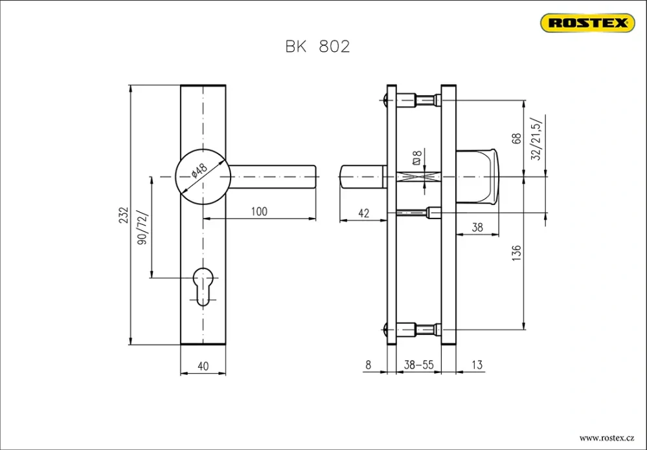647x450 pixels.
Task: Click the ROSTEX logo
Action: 587,23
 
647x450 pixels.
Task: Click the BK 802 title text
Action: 317,47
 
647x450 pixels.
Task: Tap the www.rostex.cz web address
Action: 606,438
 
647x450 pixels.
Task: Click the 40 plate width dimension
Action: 203,366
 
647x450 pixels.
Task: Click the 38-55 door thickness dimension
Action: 418,365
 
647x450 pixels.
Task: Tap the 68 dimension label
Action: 516,138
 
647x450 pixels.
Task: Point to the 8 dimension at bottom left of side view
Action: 368,365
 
